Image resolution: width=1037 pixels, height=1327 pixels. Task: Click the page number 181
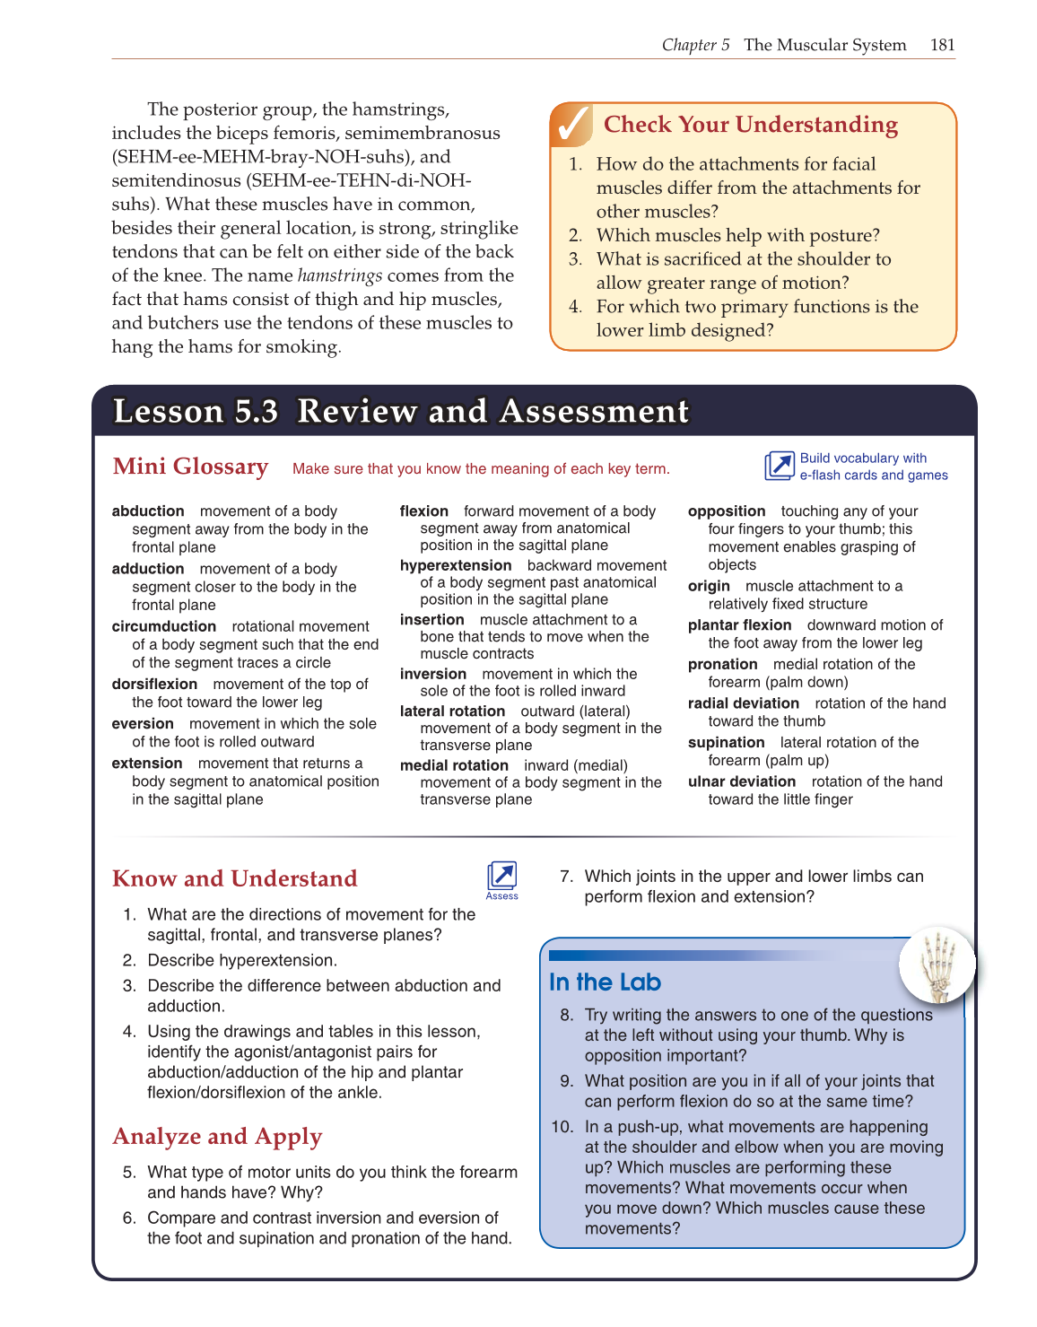pyautogui.click(x=942, y=45)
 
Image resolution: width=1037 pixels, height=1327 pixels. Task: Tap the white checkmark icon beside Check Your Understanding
pyautogui.click(x=571, y=125)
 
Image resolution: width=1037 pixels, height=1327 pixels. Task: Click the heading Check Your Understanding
pyautogui.click(x=750, y=125)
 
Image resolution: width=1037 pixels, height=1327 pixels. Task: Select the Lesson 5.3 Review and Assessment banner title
pyautogui.click(x=400, y=411)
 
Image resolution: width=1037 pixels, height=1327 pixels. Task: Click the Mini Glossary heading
pyautogui.click(x=190, y=467)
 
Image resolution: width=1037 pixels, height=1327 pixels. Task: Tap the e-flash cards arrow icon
pyautogui.click(x=779, y=467)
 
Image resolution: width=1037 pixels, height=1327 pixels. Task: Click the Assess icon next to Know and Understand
pyautogui.click(x=501, y=877)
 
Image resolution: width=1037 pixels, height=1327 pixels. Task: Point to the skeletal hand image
pyautogui.click(x=937, y=965)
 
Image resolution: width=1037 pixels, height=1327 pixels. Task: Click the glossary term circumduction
pyautogui.click(x=164, y=626)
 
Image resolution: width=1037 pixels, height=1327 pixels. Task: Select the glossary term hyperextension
pyautogui.click(x=456, y=565)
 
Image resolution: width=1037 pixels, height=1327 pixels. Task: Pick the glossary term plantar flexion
pyautogui.click(x=739, y=625)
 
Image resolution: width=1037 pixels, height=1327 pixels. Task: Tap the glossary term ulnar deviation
pyautogui.click(x=741, y=781)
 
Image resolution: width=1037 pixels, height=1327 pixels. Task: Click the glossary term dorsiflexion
pyautogui.click(x=154, y=684)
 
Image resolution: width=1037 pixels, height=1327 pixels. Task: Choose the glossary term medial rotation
pyautogui.click(x=454, y=765)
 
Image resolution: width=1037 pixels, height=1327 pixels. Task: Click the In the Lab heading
pyautogui.click(x=605, y=982)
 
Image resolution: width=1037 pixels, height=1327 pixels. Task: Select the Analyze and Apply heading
pyautogui.click(x=217, y=1137)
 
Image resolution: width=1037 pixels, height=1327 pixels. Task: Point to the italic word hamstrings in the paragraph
pyautogui.click(x=340, y=275)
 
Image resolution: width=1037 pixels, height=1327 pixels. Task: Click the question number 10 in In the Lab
pyautogui.click(x=562, y=1127)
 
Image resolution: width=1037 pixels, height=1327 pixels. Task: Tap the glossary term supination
pyautogui.click(x=726, y=742)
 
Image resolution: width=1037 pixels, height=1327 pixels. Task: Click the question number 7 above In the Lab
pyautogui.click(x=566, y=877)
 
